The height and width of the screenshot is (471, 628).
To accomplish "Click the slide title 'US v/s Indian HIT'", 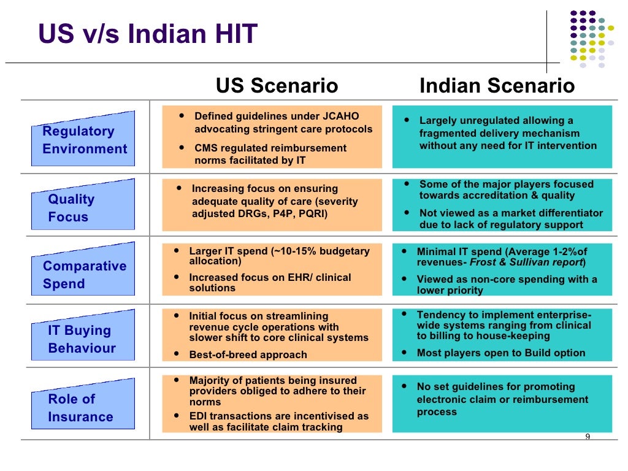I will coord(148,34).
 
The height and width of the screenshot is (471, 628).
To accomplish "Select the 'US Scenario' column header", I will coord(277,86).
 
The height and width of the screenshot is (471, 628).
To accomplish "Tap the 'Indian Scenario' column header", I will coord(497,86).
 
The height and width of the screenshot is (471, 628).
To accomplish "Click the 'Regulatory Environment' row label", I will coord(84,140).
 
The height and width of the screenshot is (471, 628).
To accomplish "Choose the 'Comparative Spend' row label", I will coord(84,275).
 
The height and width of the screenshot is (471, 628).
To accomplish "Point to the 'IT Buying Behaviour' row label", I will coord(82,339).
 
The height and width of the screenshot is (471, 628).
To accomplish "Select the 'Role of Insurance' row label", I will coord(80,408).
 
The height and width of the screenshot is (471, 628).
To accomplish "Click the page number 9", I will coord(588,437).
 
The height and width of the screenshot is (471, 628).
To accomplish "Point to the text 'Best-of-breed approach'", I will coord(248,354).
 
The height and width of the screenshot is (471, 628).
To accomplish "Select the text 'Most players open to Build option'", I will coord(501,353).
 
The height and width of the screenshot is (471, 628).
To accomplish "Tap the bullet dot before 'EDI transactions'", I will coord(177,415).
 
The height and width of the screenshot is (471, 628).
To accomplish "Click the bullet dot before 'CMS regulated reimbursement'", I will coord(182,147).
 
